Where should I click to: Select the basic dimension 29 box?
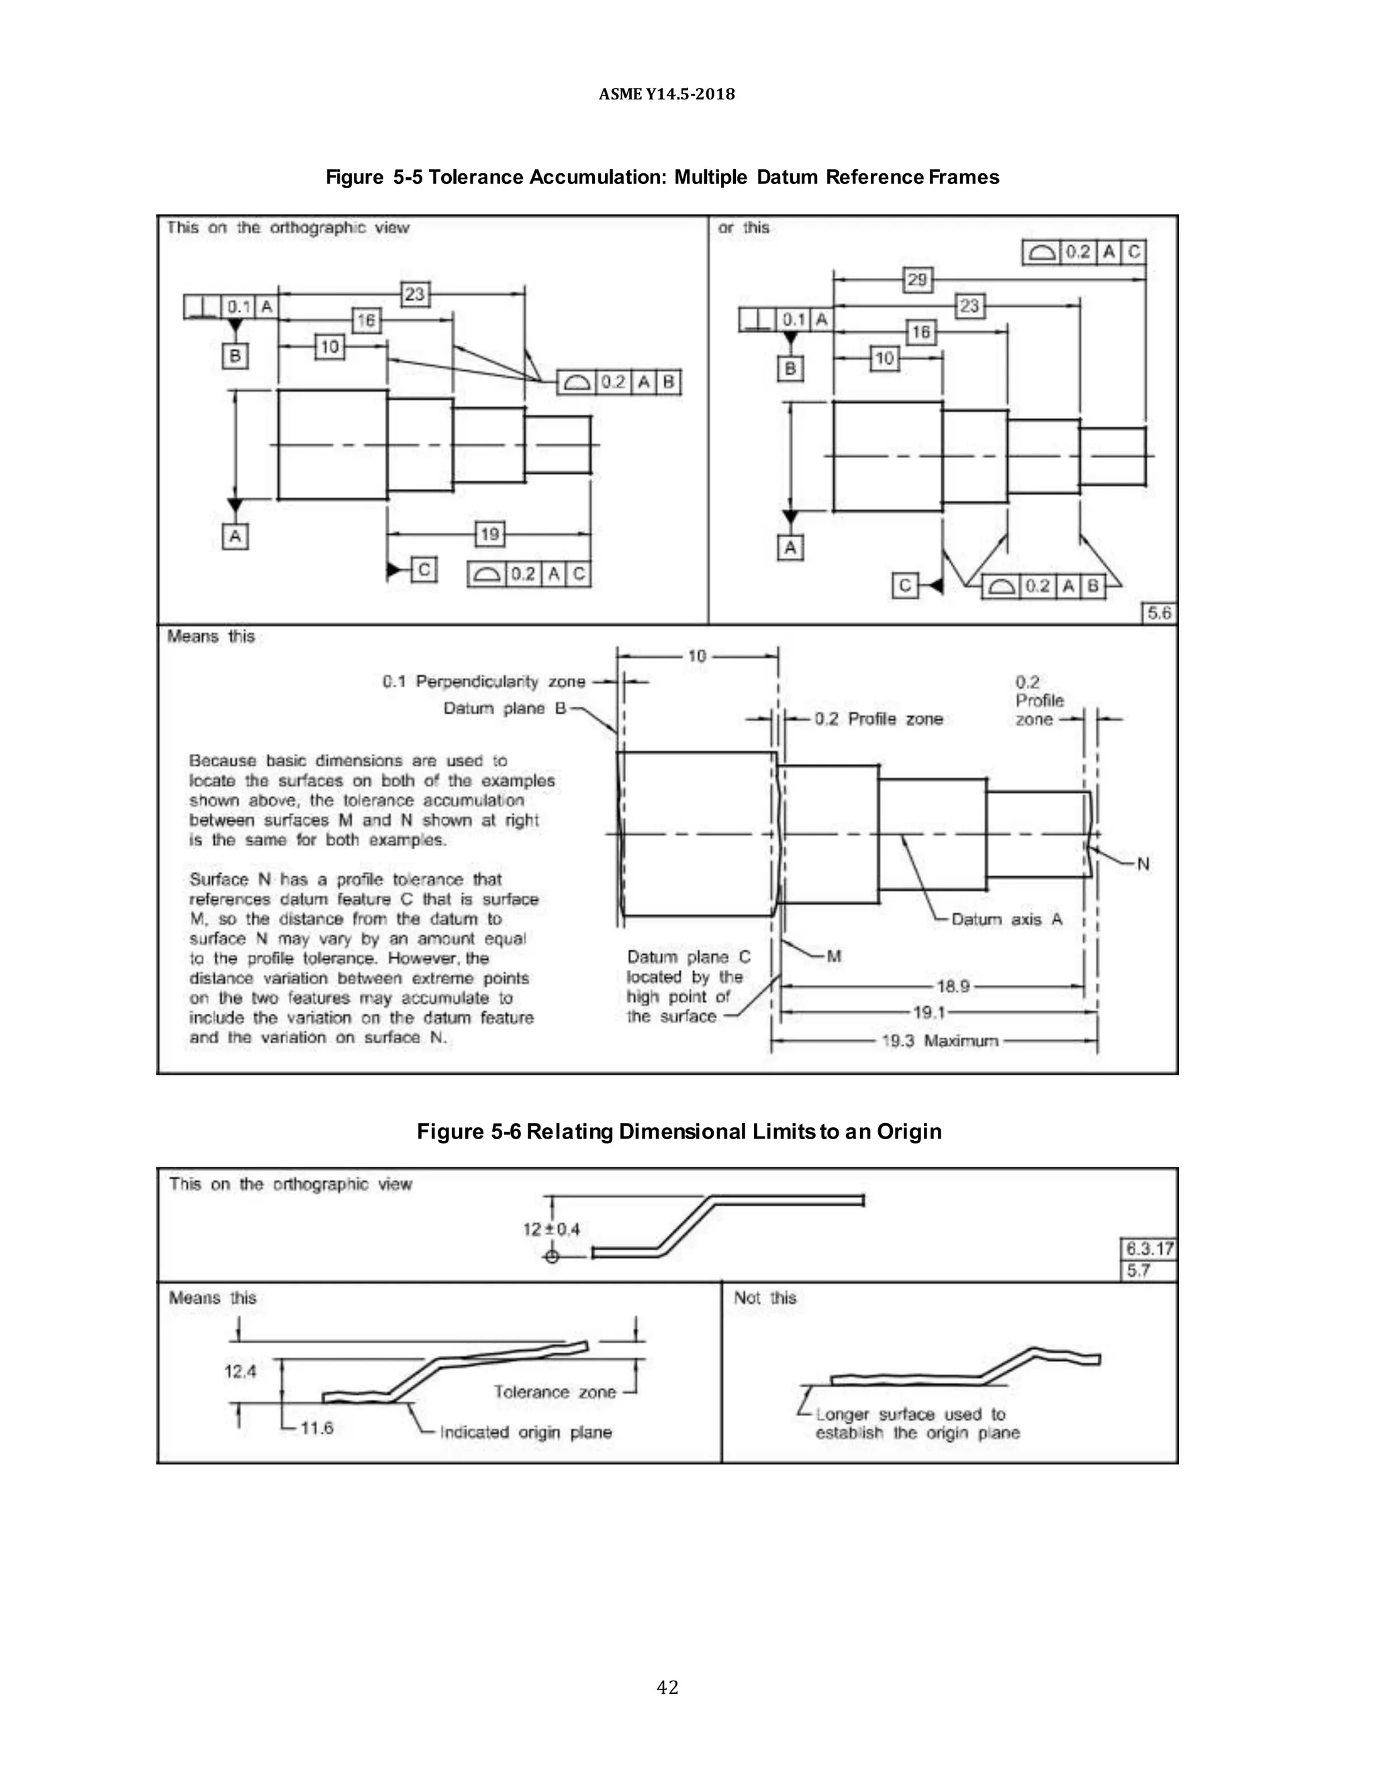tap(917, 279)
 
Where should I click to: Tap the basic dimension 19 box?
tap(489, 535)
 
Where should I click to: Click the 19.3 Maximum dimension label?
tap(939, 1040)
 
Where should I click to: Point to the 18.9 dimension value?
tap(952, 986)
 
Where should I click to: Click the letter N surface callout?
tap(1143, 864)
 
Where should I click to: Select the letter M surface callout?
tap(833, 956)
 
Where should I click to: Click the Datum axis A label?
tap(1007, 920)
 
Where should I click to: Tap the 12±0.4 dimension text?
tap(551, 1229)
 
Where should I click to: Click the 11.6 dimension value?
tap(317, 1427)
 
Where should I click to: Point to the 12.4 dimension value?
tap(240, 1372)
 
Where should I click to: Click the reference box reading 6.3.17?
tap(1149, 1249)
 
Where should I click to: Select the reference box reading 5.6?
tap(1159, 613)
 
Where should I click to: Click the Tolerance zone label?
tap(554, 1392)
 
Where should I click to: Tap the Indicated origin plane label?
tap(526, 1432)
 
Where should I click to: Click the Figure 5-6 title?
tap(679, 1131)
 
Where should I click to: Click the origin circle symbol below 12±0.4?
tap(551, 1257)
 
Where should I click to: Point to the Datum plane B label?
tap(504, 708)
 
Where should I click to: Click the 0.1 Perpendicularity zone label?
tap(484, 681)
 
